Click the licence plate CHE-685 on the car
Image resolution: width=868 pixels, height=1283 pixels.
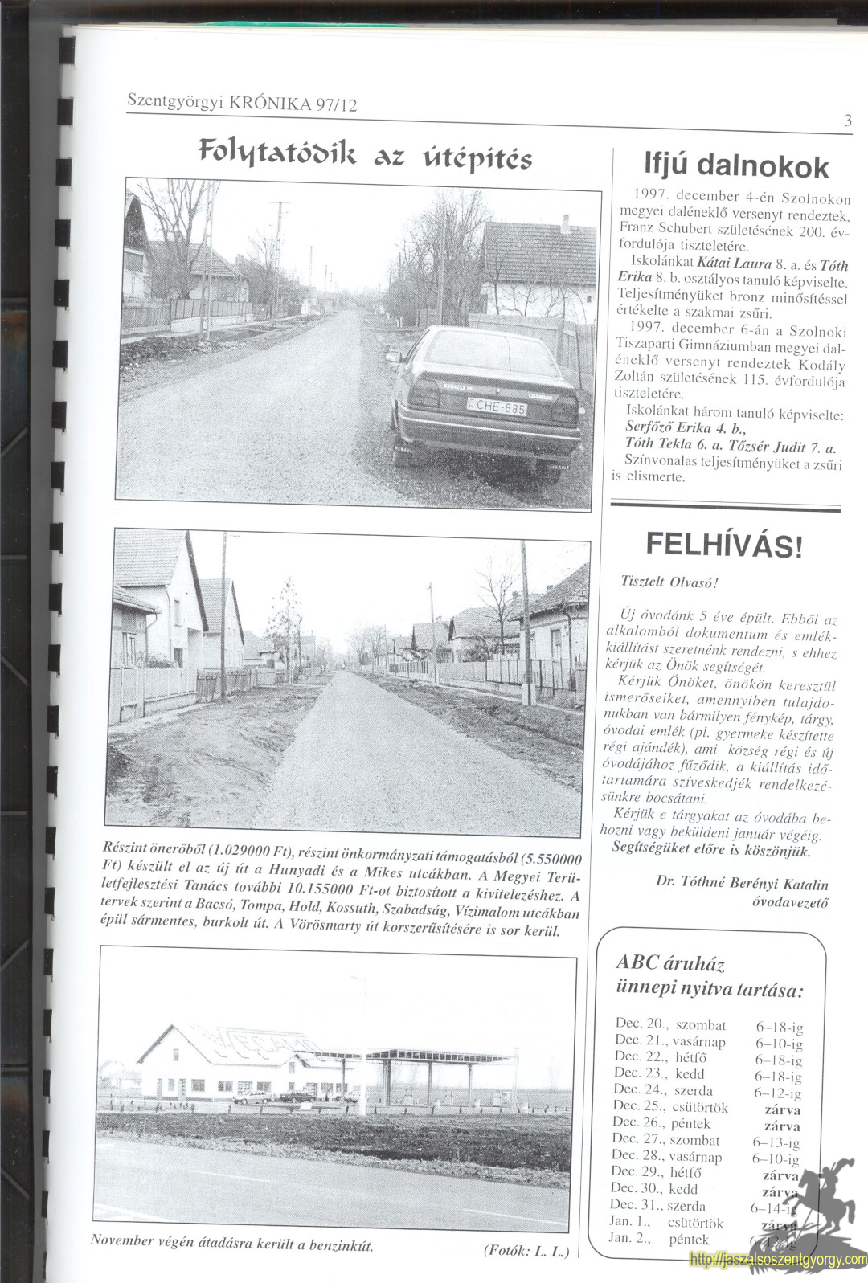497,407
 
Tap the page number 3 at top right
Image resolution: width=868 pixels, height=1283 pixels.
848,121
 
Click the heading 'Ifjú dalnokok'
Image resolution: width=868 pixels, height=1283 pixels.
736,165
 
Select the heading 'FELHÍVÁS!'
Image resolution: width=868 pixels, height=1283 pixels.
723,545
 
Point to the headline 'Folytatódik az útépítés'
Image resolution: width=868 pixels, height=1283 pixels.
365,154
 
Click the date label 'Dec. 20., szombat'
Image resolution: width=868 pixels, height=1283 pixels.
670,1024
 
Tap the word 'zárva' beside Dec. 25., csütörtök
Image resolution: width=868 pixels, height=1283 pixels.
782,1109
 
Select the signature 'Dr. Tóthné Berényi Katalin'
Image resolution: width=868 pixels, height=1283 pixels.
741,883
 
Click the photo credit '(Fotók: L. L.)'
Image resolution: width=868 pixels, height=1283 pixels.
526,1250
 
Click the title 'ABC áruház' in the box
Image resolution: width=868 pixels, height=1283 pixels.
670,963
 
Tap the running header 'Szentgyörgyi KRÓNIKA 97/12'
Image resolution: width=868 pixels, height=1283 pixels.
242,103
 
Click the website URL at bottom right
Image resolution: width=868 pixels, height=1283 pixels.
778,1260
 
